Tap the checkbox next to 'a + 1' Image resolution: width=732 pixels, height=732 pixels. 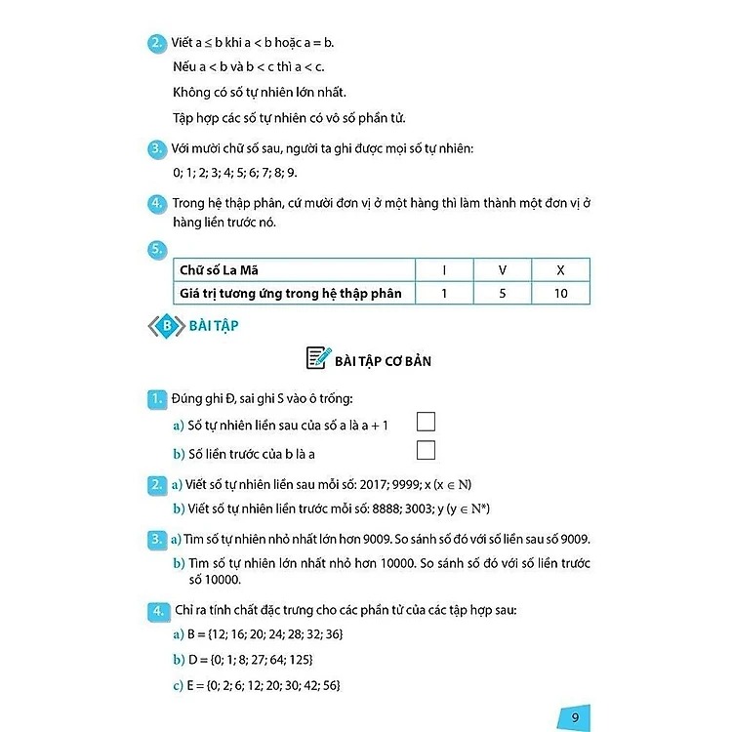(x=425, y=422)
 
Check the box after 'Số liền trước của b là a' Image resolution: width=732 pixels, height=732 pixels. (x=425, y=450)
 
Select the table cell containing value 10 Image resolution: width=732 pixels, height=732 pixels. (x=560, y=293)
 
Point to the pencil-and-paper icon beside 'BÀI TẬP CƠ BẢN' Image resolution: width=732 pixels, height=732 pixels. (x=318, y=358)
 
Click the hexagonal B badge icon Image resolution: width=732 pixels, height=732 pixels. (x=167, y=326)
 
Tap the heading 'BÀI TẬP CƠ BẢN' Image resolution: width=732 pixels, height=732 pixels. (x=383, y=361)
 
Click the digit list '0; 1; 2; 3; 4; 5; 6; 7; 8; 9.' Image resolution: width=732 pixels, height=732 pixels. (x=234, y=173)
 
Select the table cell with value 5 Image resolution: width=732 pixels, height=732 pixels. (x=501, y=293)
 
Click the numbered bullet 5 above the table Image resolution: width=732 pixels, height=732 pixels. (x=156, y=248)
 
